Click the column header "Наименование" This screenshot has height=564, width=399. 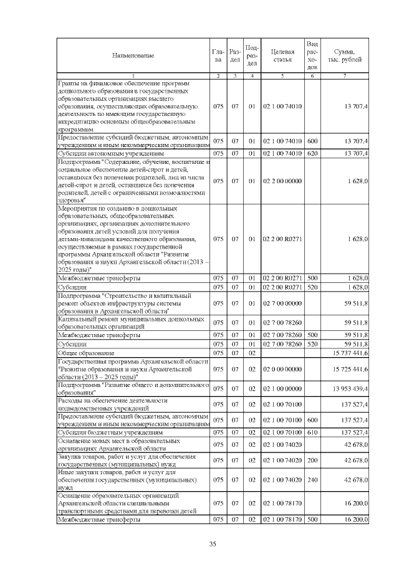[133, 56]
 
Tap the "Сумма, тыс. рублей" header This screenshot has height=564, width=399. [345, 55]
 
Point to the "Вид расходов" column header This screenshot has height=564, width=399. [313, 55]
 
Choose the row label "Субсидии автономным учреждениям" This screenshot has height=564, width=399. [110, 152]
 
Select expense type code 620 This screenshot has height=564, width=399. [313, 152]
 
